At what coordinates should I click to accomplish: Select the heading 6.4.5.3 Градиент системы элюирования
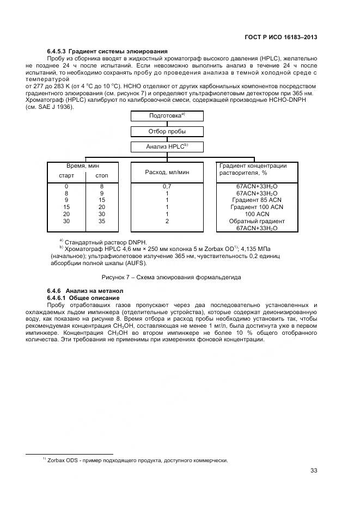[x=107, y=51]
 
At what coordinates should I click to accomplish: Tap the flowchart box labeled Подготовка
[x=167, y=115]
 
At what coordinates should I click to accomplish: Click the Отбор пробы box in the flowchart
[x=167, y=131]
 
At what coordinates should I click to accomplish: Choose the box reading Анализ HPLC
[x=167, y=146]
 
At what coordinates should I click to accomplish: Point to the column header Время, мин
[x=83, y=165]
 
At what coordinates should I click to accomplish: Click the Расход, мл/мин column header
[x=167, y=172]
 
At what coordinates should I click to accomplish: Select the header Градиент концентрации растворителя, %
[x=253, y=169]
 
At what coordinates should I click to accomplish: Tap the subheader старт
[x=66, y=176]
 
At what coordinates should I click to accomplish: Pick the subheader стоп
[x=102, y=176]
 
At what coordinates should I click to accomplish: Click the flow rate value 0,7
[x=167, y=186]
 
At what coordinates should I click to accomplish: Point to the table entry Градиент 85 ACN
[x=257, y=200]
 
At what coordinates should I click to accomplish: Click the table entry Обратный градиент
[x=257, y=222]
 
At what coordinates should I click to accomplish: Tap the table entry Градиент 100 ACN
[x=257, y=207]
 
